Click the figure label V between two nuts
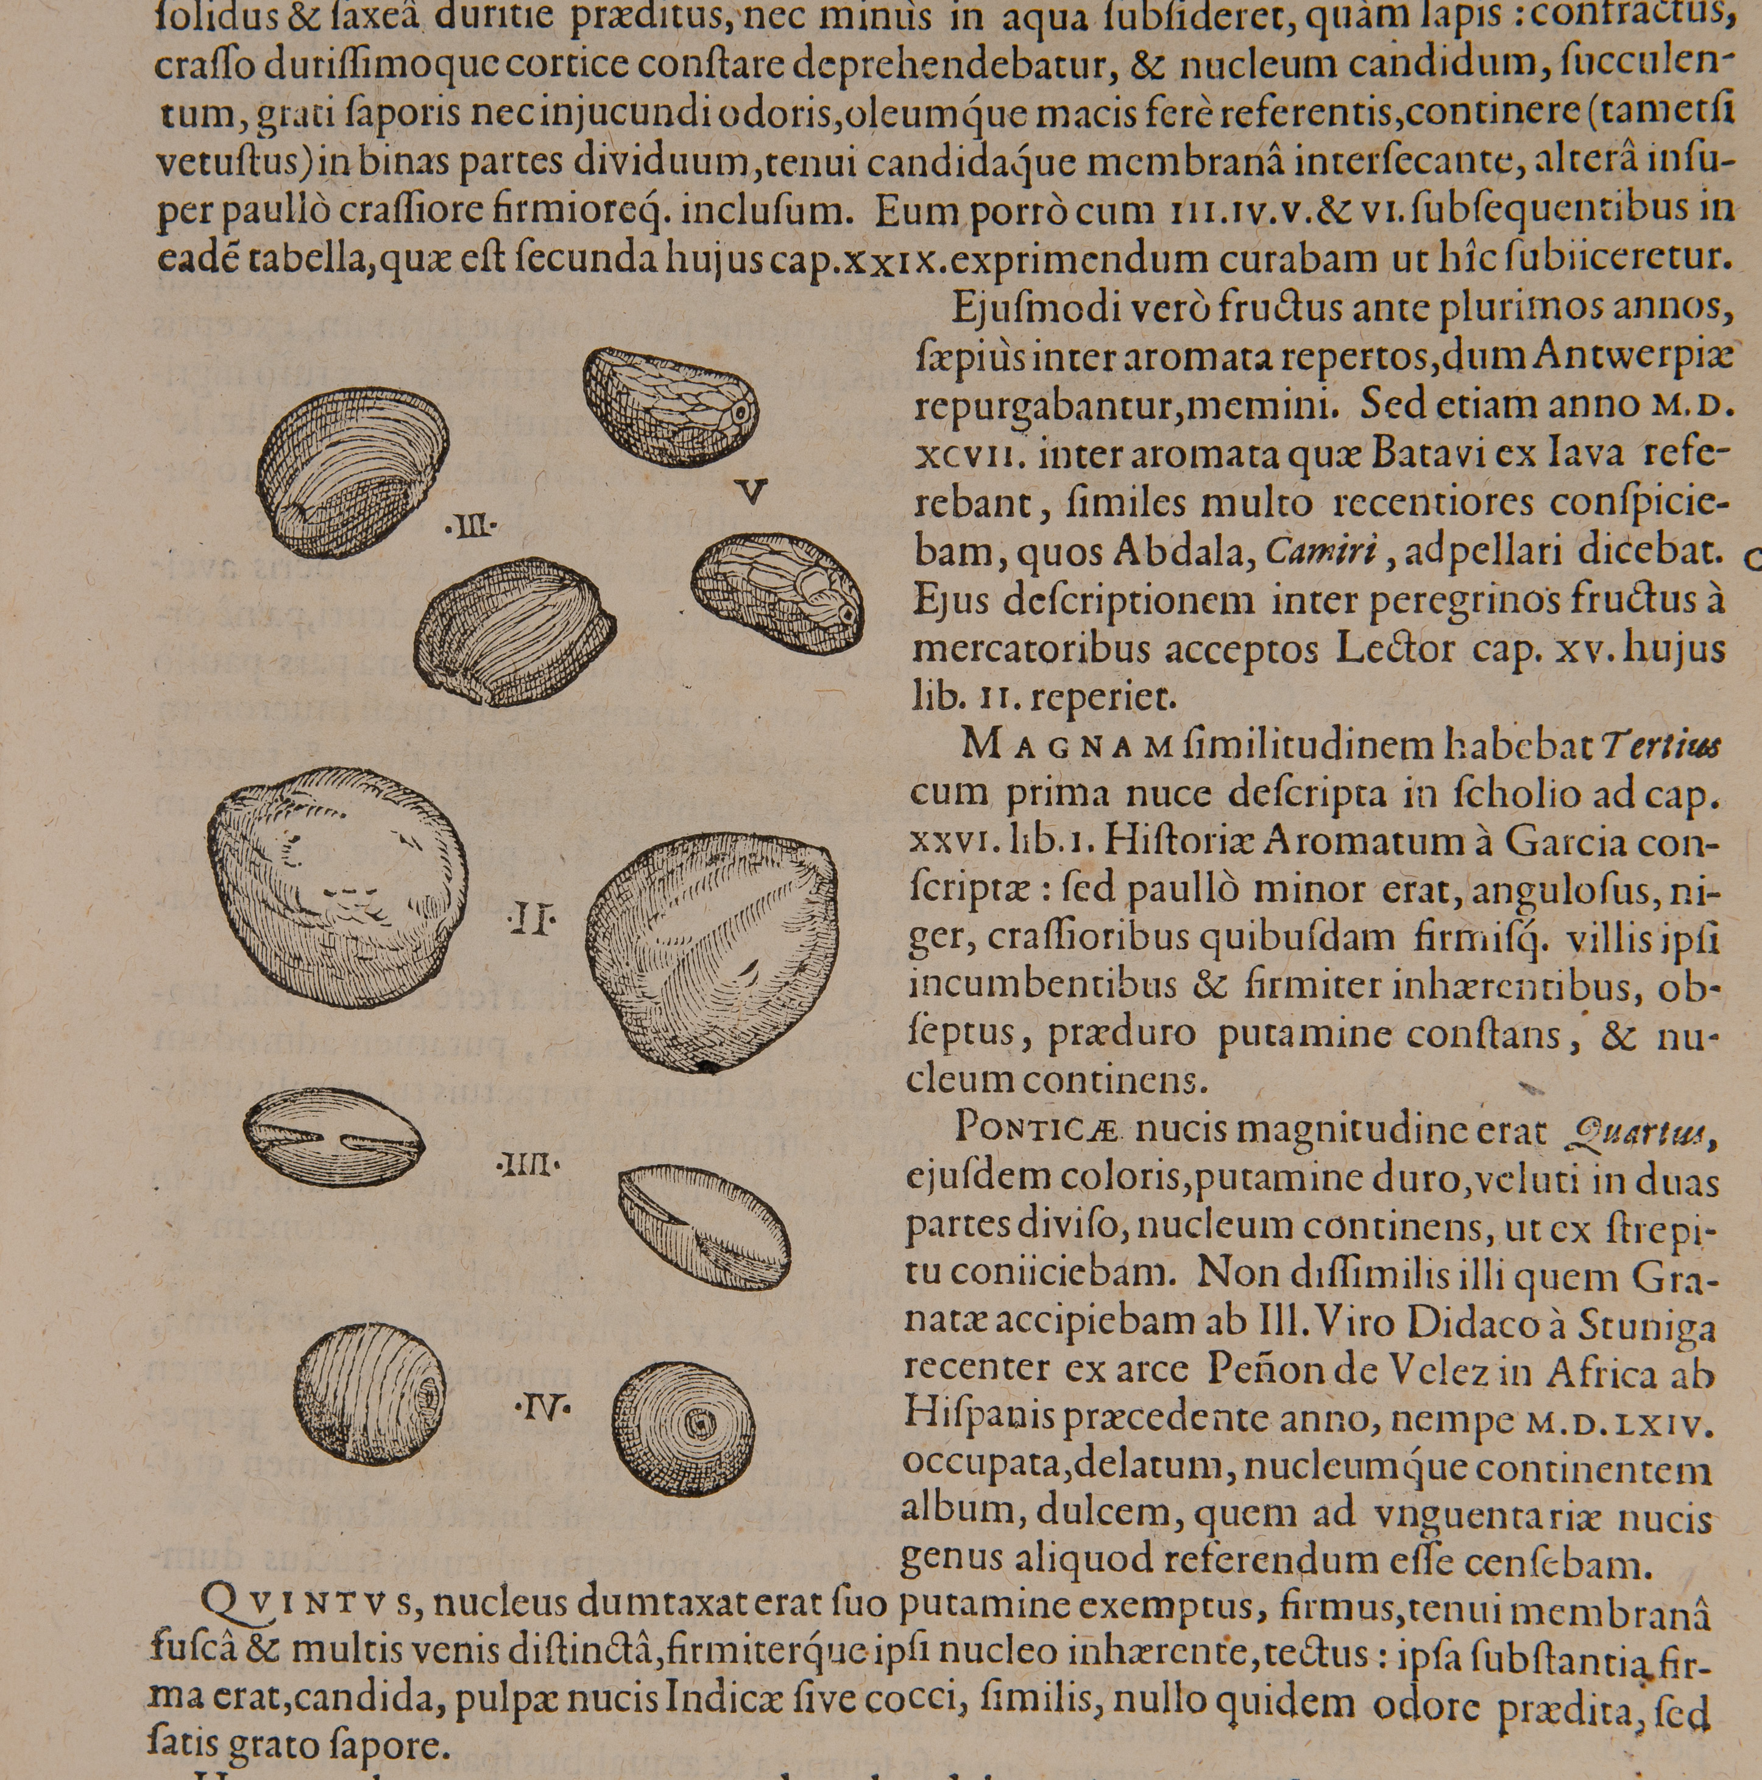753,494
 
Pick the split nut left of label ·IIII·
334,1139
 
